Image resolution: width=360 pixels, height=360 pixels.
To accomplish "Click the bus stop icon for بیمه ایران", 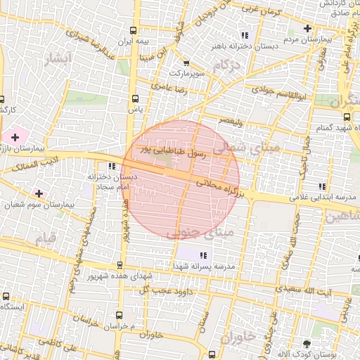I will [x=134, y=31].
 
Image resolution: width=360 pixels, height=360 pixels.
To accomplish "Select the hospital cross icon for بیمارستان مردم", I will [x=307, y=28].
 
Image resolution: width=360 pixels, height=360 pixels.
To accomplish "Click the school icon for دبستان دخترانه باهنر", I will [x=245, y=35].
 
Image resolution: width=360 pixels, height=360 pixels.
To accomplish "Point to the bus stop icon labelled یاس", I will [x=135, y=98].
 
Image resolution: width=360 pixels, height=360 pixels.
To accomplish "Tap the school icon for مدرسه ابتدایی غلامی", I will [x=321, y=186].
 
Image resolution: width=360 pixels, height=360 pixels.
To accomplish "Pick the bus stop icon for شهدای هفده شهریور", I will [x=119, y=265].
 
